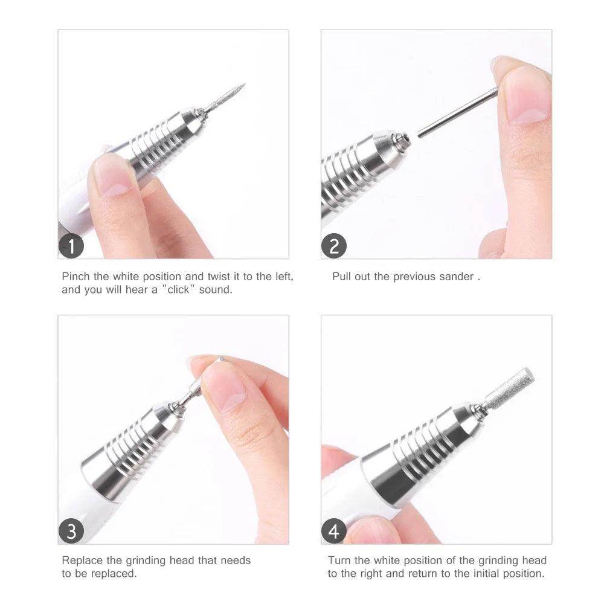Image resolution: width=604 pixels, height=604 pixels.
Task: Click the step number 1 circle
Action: coord(71,246)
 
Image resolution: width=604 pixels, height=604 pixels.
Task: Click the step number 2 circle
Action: coord(334,246)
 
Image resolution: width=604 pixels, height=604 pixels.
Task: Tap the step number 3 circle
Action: coord(71,532)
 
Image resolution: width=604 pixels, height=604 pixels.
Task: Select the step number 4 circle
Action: coord(334,532)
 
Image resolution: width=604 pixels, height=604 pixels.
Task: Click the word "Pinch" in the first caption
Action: coord(76,277)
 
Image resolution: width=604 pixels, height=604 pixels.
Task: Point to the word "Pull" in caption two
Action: coord(341,277)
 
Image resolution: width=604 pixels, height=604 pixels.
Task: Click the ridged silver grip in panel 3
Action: coord(133,447)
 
